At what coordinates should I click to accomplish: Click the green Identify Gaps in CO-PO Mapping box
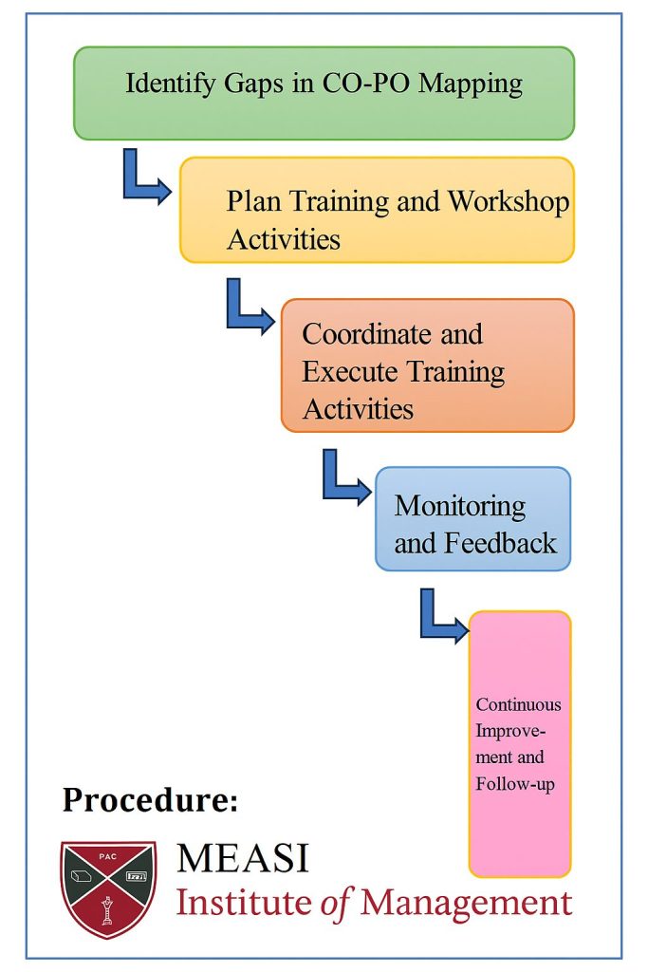coord(324,93)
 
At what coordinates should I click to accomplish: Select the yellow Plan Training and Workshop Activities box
coord(378,210)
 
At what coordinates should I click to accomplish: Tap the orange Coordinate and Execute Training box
coord(428,365)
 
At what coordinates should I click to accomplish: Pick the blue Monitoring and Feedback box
coord(472,519)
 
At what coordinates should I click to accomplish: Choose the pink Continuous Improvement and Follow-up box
coord(519,744)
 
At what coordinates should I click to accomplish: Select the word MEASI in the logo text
coord(243,858)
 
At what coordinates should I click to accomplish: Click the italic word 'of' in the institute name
coord(336,904)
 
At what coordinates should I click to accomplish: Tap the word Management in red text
coord(466,904)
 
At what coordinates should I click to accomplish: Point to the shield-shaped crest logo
coord(108,888)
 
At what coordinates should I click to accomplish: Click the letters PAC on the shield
coord(108,857)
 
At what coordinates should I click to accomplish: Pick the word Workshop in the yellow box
coord(508,201)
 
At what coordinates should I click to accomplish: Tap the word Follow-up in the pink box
coord(515,785)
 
